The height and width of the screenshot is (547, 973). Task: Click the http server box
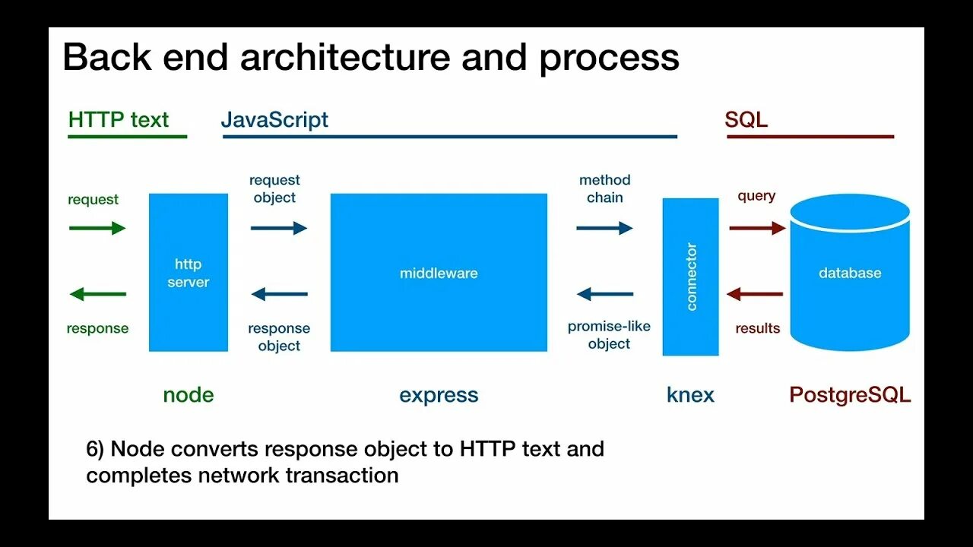(189, 272)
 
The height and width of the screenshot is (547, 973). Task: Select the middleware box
(439, 272)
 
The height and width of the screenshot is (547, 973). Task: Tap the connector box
(690, 277)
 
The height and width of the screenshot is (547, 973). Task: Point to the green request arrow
(97, 228)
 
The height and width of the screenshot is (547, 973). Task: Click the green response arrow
(97, 295)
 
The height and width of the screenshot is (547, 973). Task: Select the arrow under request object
(279, 228)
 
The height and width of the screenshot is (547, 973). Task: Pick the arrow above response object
(279, 295)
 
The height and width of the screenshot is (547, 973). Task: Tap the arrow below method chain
(604, 228)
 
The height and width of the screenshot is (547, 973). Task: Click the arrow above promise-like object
(604, 295)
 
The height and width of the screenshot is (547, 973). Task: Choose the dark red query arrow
(757, 228)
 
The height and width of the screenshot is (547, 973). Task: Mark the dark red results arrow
(755, 295)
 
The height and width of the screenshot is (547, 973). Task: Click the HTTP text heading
(119, 120)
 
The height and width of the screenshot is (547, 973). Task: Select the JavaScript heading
(274, 120)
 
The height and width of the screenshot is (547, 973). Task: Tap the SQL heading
(746, 120)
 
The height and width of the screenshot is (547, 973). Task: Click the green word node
(189, 395)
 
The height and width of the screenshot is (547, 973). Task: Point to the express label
(439, 395)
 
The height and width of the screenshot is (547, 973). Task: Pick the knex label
(690, 395)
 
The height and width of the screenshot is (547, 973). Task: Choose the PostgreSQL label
(850, 395)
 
